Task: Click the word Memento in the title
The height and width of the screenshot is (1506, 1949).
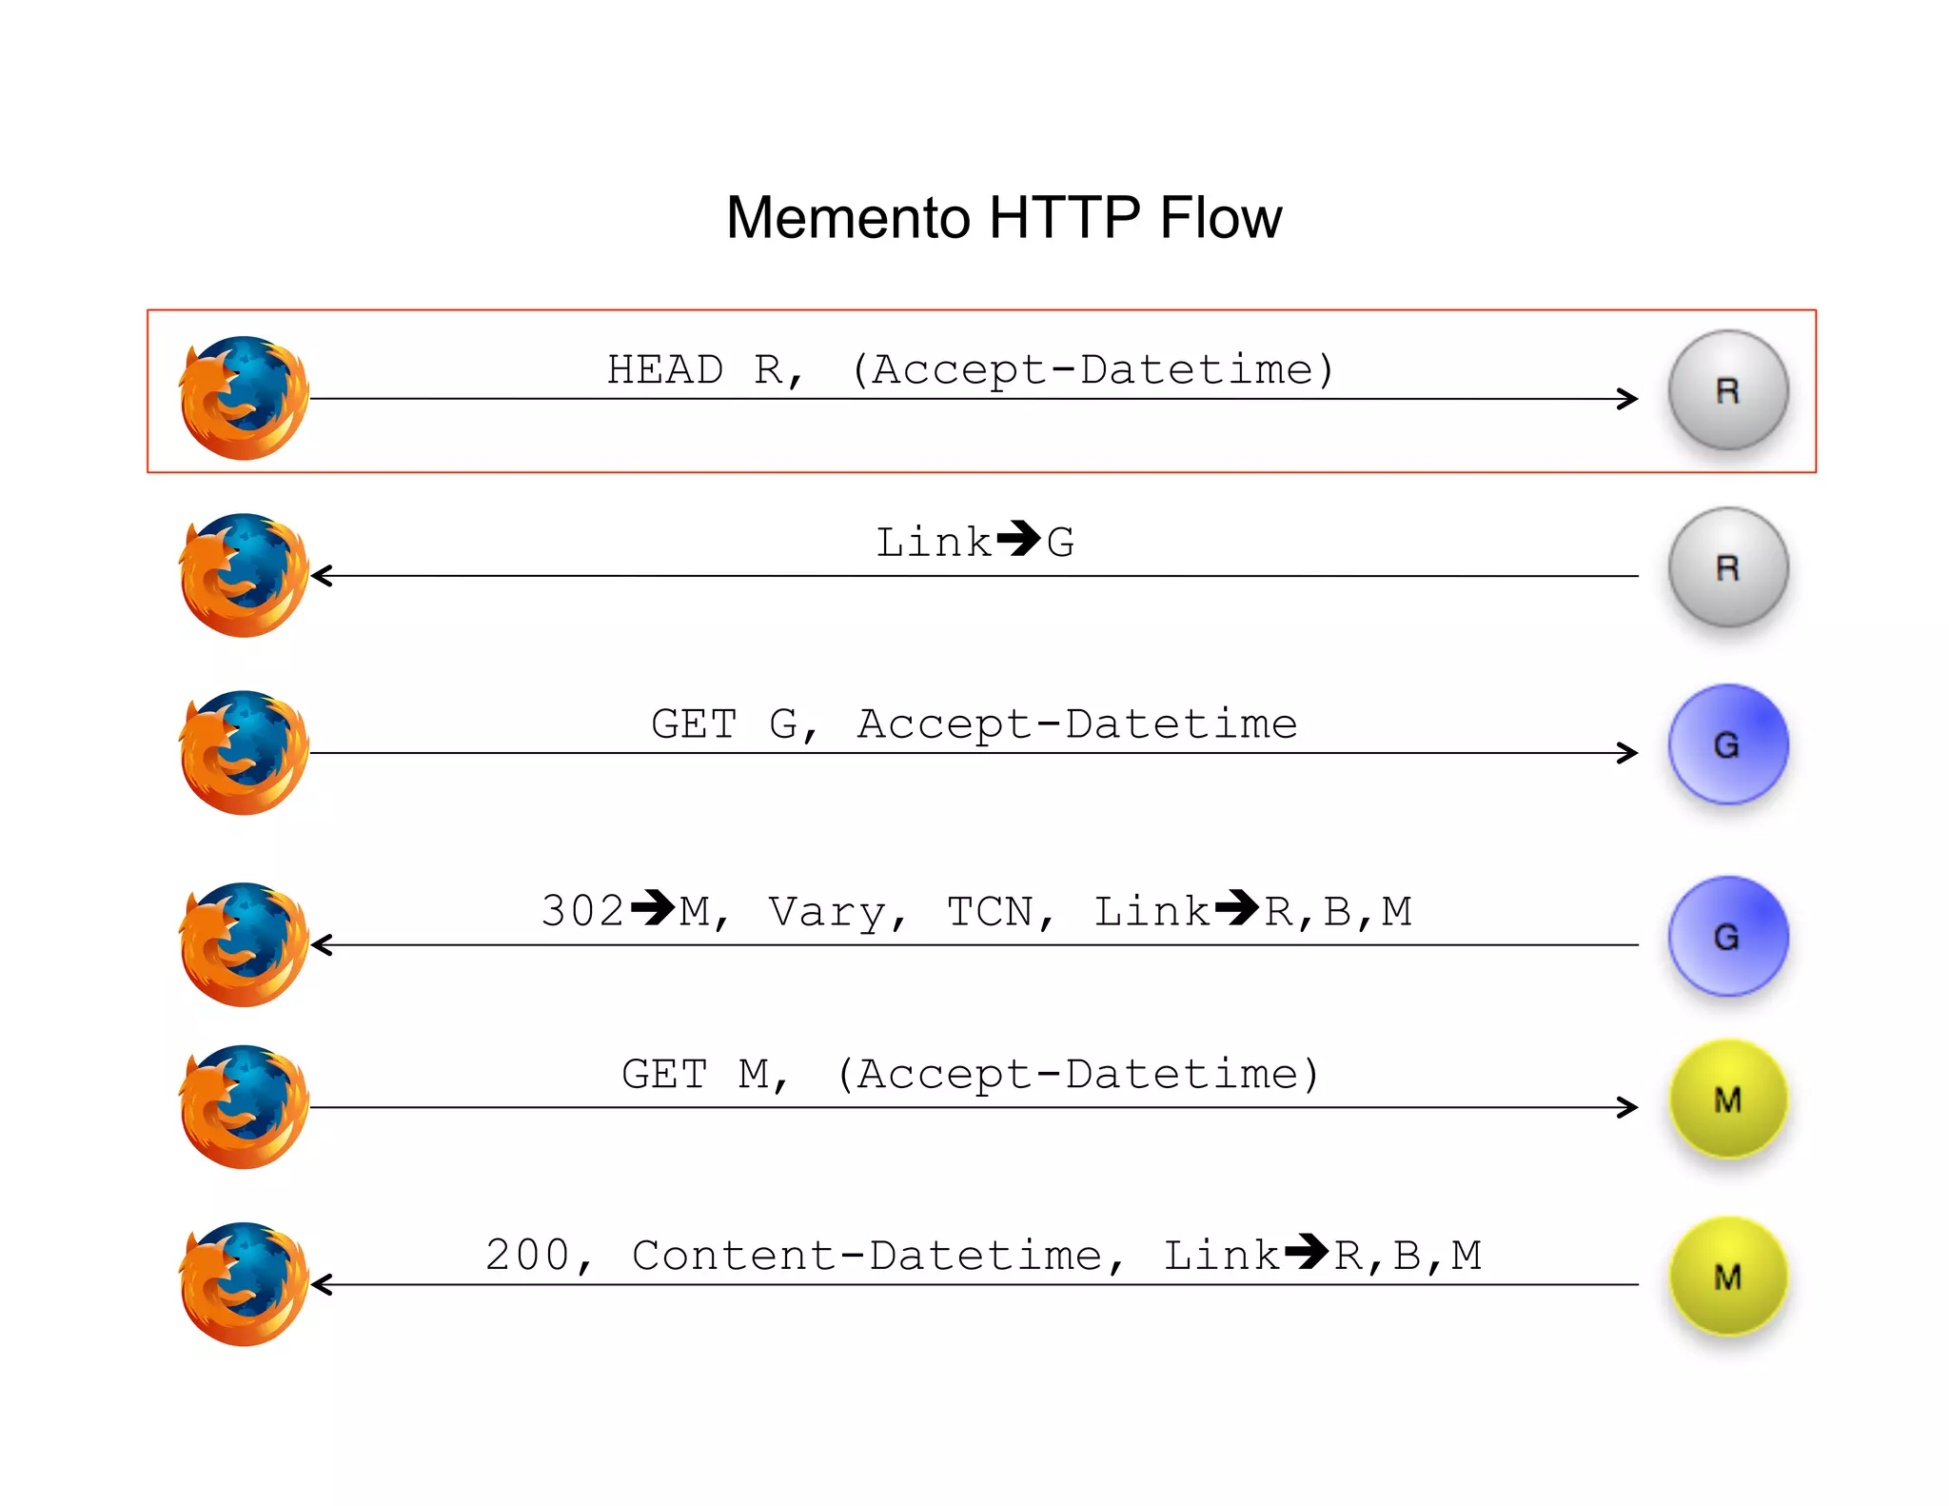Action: tap(847, 218)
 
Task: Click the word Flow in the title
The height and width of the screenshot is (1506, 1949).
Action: tap(1220, 218)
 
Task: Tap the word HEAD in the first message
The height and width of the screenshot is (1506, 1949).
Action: tap(664, 369)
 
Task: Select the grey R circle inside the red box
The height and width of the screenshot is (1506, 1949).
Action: tap(1727, 390)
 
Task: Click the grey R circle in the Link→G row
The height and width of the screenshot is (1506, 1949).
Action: tap(1727, 567)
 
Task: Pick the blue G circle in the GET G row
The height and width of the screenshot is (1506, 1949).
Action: tap(1727, 744)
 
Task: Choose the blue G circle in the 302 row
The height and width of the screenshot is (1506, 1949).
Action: tap(1727, 937)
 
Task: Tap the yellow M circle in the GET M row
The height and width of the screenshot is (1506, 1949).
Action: tap(1727, 1100)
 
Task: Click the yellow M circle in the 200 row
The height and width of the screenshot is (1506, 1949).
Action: tap(1727, 1277)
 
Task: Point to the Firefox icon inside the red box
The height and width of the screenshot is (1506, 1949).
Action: tap(245, 398)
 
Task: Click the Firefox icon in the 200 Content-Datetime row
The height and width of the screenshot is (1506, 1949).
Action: tap(245, 1284)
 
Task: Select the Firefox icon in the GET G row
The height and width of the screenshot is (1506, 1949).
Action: tap(245, 752)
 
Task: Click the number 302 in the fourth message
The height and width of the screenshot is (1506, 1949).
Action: tap(582, 911)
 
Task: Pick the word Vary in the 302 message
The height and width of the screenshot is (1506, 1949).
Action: tap(828, 912)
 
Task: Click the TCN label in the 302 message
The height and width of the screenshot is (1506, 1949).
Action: tap(991, 912)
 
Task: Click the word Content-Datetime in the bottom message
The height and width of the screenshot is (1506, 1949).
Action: tap(867, 1256)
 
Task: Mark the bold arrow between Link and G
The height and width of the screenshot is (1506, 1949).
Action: tap(1019, 539)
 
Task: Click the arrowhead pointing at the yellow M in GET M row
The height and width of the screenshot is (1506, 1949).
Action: tap(1628, 1107)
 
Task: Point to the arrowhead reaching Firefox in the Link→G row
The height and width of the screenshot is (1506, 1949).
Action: tap(322, 576)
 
